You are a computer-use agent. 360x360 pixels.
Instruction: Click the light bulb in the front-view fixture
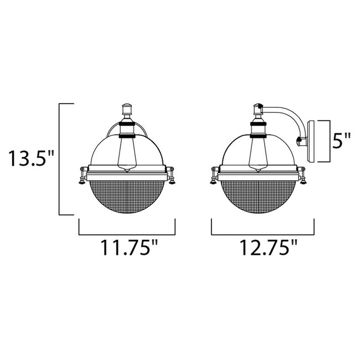tap(127, 152)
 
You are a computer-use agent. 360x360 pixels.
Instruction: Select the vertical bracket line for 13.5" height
tap(59, 159)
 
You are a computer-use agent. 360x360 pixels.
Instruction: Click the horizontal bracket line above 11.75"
tap(127, 233)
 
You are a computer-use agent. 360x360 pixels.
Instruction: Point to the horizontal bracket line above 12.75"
tap(263, 233)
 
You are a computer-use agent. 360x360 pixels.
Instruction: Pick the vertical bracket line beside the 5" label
tap(331, 141)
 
